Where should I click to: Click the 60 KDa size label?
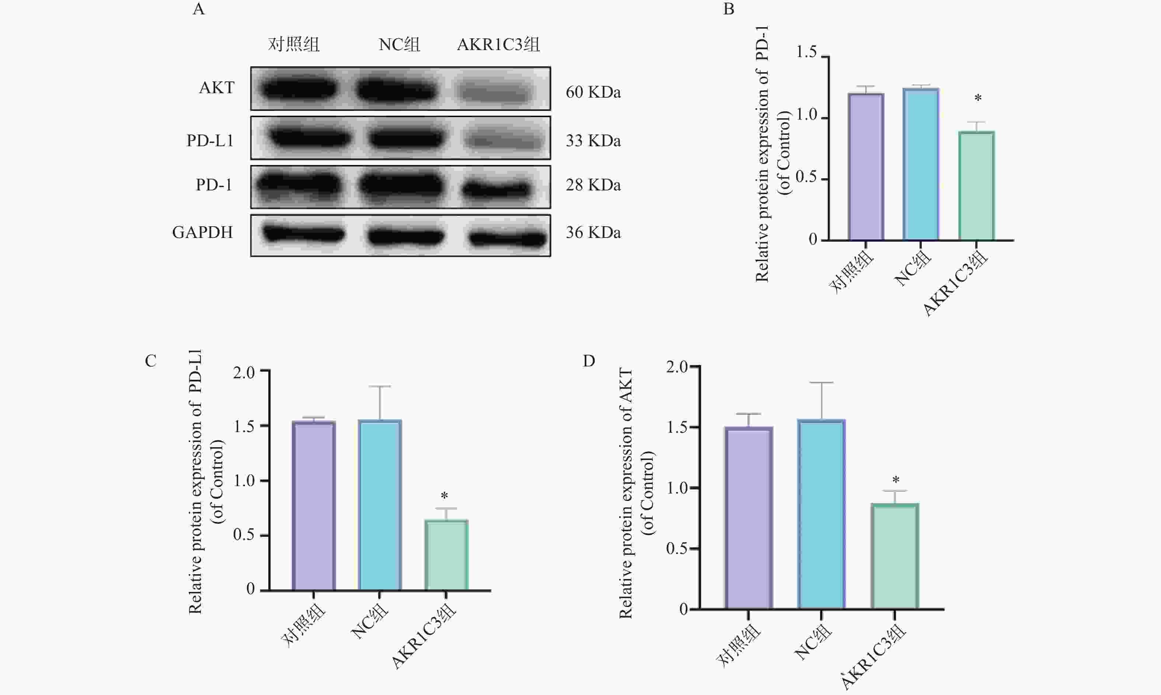click(x=593, y=92)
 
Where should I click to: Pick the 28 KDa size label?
click(x=593, y=185)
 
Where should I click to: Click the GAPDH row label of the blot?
click(x=202, y=232)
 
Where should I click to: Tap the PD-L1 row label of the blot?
click(x=210, y=140)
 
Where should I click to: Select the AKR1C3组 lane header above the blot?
click(x=498, y=45)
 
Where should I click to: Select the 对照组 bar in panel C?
click(x=313, y=506)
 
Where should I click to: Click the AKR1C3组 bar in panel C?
click(x=446, y=555)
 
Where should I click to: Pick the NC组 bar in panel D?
click(x=821, y=514)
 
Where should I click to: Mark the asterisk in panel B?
click(x=978, y=99)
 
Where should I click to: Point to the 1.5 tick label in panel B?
click(x=806, y=52)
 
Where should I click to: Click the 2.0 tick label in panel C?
click(x=244, y=373)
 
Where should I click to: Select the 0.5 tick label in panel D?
click(x=677, y=548)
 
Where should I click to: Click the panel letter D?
click(x=589, y=361)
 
